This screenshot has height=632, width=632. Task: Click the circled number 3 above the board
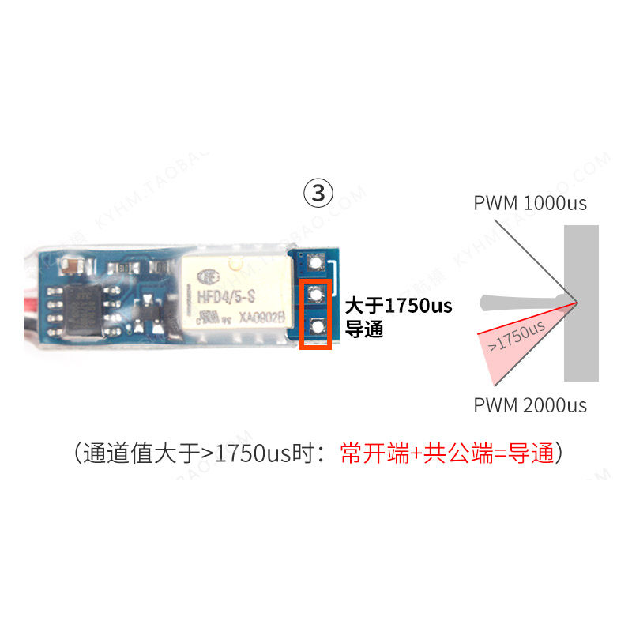point(318,193)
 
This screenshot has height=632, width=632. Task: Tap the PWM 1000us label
point(530,202)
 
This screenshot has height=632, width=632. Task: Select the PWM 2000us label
point(530,406)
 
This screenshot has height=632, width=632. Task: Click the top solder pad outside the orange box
point(317,261)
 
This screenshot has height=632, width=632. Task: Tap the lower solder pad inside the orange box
point(317,326)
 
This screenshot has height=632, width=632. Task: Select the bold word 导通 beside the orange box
point(364,329)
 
